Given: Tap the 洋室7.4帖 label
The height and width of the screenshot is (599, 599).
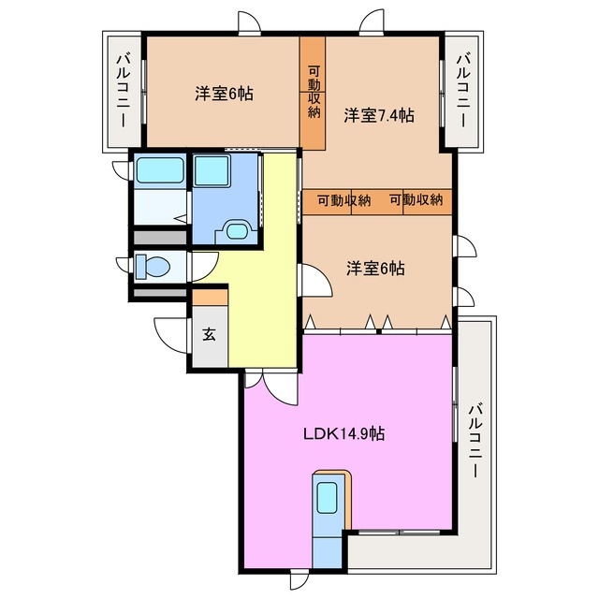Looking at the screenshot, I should point(379,116).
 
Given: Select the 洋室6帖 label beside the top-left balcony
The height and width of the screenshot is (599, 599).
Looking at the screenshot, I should point(224,94).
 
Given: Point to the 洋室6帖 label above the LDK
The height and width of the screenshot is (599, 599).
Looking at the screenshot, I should point(375,268).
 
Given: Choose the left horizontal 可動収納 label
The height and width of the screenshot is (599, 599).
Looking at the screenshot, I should point(342,200).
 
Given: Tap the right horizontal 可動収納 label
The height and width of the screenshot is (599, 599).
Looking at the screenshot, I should point(416,200).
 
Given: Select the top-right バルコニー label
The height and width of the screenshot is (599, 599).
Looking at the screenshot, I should point(462,93).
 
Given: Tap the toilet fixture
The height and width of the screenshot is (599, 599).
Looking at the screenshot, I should point(151,268).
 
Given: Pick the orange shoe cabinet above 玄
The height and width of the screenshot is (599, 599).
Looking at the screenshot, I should point(210,298).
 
